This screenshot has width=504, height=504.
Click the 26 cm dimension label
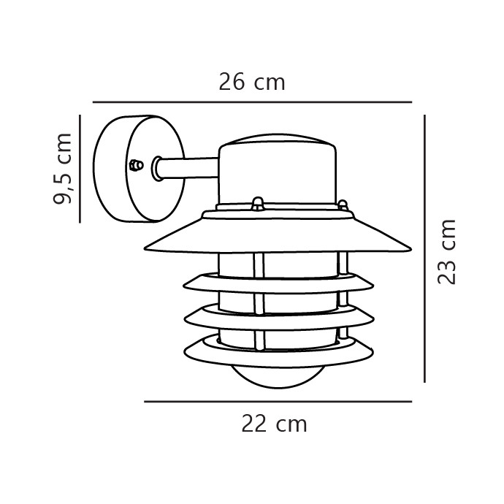[x=251, y=82]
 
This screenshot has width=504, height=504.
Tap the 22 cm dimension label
[x=274, y=424]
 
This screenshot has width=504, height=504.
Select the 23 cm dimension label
[x=446, y=251]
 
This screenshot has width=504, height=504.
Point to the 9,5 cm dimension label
[x=64, y=168]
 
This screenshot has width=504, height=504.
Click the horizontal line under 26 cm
[x=252, y=102]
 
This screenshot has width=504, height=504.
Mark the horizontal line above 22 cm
[x=278, y=402]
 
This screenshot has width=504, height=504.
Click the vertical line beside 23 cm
[x=424, y=248]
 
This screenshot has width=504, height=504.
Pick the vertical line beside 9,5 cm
[x=80, y=168]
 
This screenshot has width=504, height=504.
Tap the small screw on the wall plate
[x=134, y=165]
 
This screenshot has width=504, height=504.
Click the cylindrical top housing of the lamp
[x=278, y=175]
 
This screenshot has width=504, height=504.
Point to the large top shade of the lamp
[x=278, y=237]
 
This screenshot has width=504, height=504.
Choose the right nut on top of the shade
[x=342, y=205]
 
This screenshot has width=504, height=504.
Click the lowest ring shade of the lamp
[x=278, y=354]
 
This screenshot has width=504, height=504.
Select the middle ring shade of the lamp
[x=278, y=316]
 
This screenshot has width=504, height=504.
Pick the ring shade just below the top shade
[x=278, y=281]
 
